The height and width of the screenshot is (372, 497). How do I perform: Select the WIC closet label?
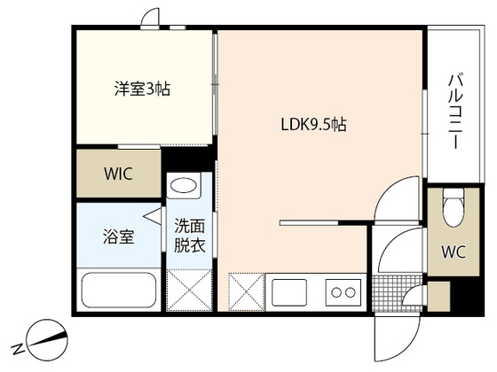tap(117, 174)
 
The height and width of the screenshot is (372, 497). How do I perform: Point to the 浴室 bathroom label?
tap(120, 237)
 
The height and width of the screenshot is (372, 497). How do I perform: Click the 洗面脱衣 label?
tap(189, 236)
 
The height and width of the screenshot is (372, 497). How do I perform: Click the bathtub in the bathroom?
tap(120, 291)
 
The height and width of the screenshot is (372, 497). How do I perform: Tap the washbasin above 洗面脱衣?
tap(185, 188)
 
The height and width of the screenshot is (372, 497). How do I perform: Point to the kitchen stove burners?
tap(343, 291)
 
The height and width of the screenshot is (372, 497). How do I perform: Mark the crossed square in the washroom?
tap(187, 291)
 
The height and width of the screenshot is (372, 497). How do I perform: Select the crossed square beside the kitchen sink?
tap(247, 291)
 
